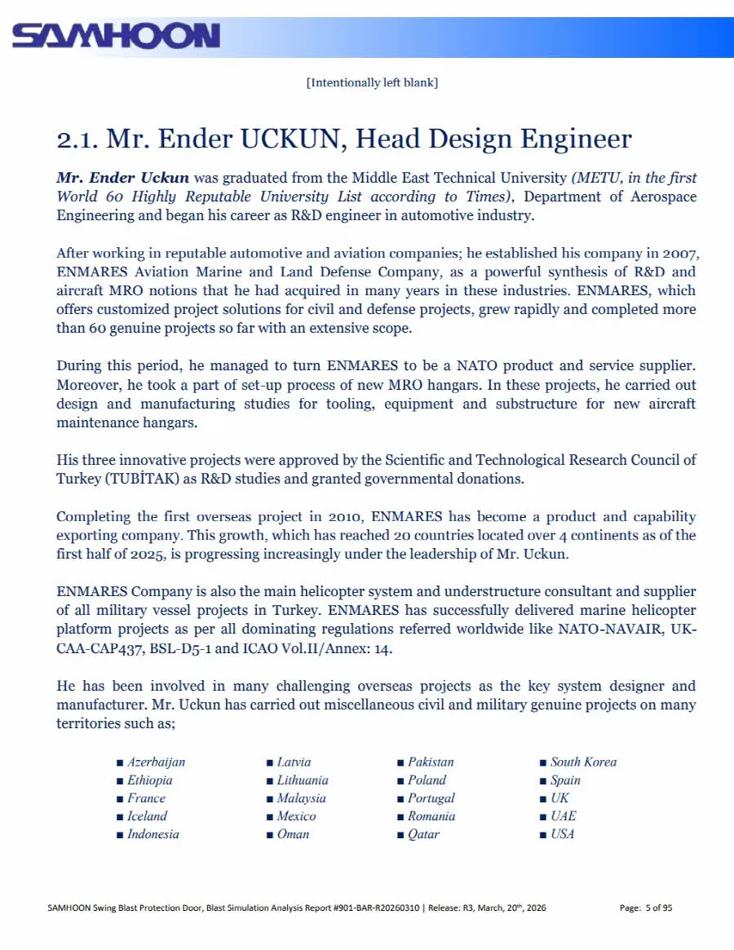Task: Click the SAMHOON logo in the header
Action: click(116, 36)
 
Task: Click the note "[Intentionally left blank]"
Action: click(372, 82)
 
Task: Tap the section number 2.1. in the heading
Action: click(77, 139)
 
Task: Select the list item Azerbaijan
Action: click(156, 762)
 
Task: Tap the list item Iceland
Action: click(147, 815)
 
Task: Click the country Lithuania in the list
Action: click(303, 780)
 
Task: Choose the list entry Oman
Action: click(293, 833)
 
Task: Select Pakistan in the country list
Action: click(431, 762)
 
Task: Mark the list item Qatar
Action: click(423, 833)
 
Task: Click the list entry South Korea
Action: click(583, 762)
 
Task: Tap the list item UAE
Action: click(563, 815)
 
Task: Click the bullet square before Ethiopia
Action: click(120, 780)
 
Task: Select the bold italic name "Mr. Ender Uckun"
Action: click(122, 177)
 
